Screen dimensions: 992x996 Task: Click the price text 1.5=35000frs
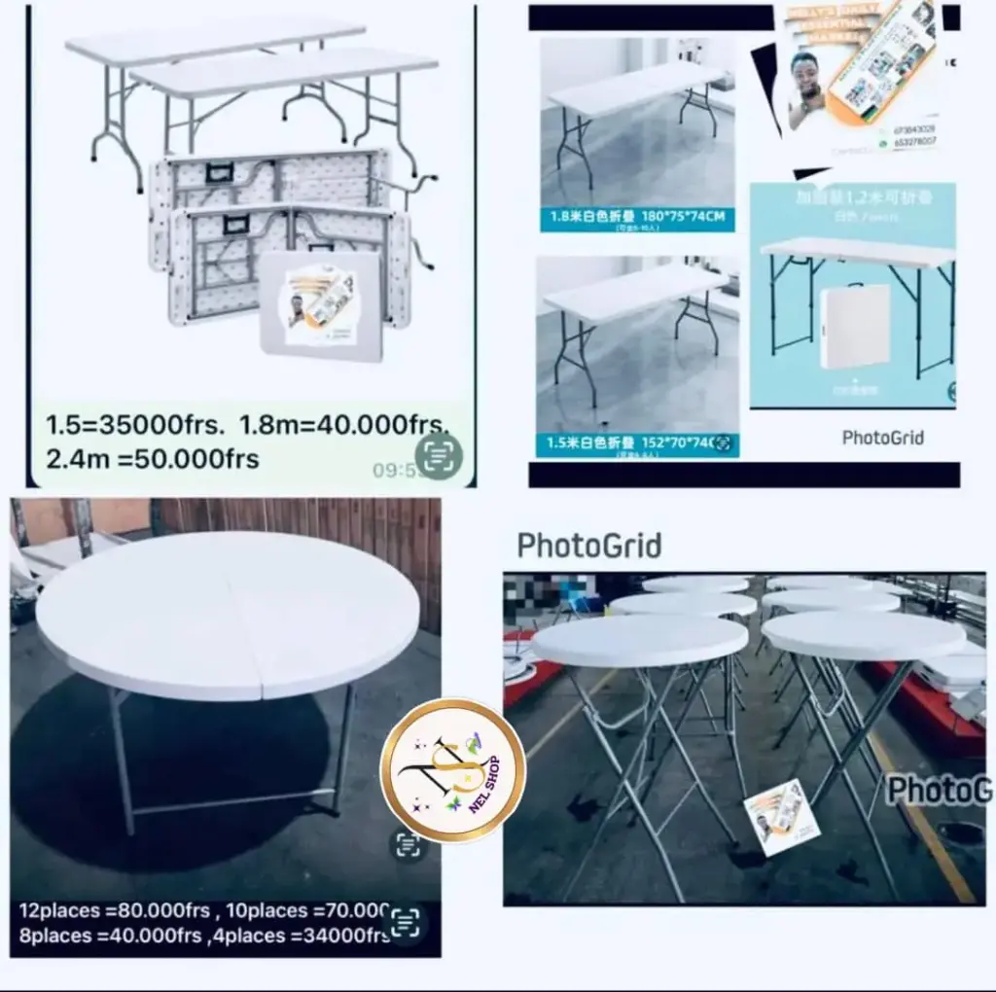click(121, 426)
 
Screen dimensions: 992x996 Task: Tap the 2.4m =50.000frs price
click(152, 459)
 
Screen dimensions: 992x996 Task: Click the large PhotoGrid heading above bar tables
click(589, 546)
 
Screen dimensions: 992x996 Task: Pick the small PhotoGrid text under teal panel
click(882, 438)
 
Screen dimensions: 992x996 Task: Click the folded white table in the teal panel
click(854, 327)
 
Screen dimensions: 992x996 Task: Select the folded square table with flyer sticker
click(321, 305)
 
